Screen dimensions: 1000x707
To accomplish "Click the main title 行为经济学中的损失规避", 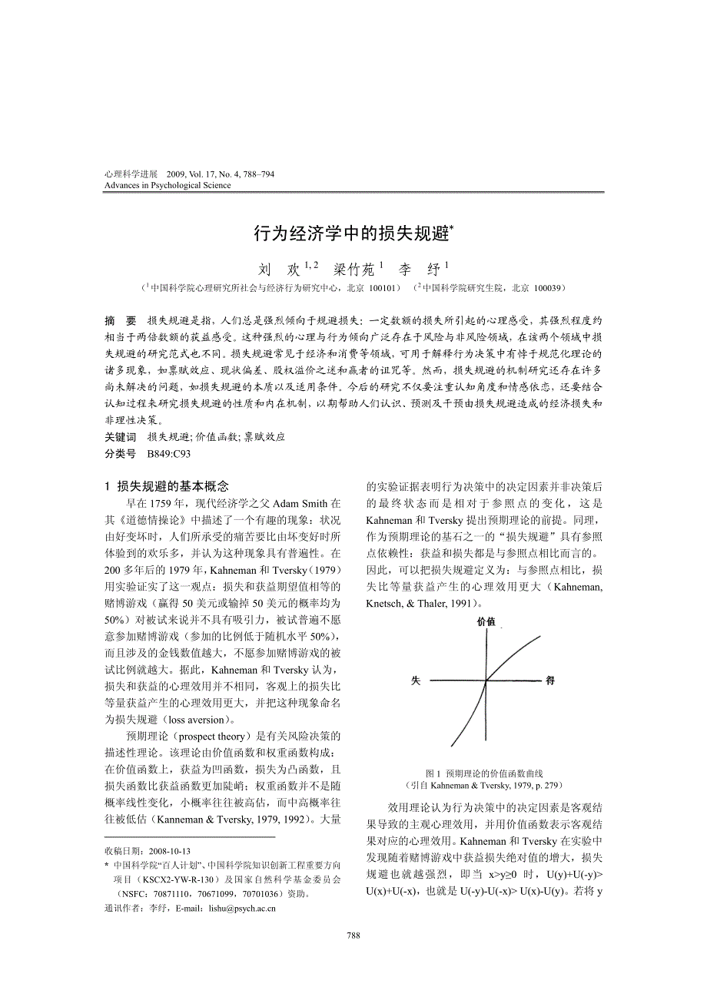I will click(352, 233).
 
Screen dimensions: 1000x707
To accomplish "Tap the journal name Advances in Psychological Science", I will click(167, 185).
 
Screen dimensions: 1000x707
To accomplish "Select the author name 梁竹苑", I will click(353, 270).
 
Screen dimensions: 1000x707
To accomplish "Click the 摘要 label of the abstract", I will click(120, 320).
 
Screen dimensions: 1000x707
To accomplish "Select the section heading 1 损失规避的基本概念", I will click(166, 486).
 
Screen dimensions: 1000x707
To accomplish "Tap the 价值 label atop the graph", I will click(486, 621).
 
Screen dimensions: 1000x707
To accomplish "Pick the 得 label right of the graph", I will click(550, 680).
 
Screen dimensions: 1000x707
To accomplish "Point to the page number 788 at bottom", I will click(353, 935).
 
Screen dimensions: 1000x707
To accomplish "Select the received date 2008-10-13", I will click(169, 851).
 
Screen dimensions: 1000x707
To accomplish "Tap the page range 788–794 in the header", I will click(257, 174).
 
